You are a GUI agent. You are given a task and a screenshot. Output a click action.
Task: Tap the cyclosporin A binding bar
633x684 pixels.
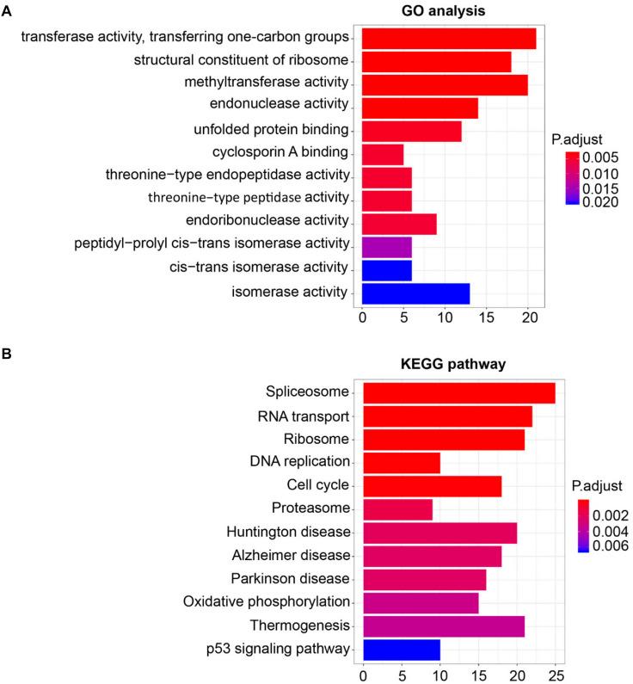click(x=383, y=154)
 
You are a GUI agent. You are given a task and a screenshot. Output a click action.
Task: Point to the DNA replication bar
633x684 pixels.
click(x=402, y=463)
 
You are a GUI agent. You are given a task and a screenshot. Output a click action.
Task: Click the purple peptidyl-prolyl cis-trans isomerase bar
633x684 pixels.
click(x=387, y=247)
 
